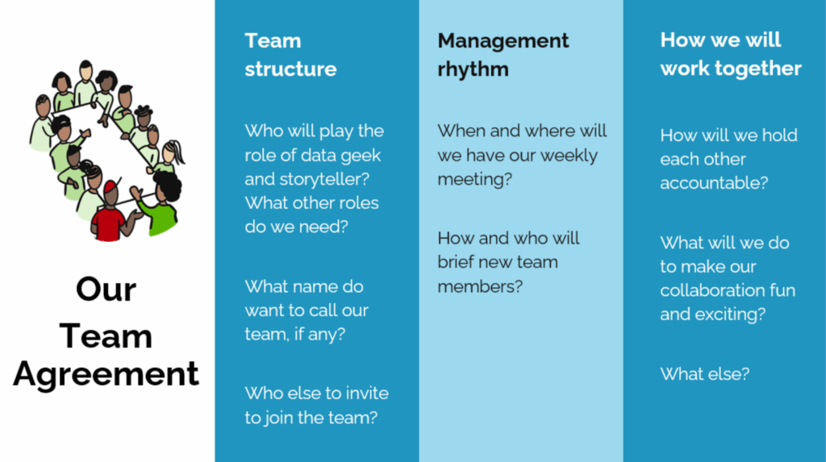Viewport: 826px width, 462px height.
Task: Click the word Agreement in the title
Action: coord(106,374)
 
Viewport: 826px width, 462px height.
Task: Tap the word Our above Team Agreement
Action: coord(106,289)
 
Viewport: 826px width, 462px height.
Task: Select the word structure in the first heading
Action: coord(290,69)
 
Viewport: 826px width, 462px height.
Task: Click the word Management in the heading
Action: coord(503,40)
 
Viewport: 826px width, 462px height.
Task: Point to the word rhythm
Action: coord(473,69)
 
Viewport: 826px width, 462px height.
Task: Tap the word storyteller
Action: coord(324,179)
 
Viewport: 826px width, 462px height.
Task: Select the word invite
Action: coord(365,393)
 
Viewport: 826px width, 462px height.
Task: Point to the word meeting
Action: coord(474,180)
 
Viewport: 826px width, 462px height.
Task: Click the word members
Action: coord(480,286)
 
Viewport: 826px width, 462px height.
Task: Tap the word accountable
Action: coord(714,183)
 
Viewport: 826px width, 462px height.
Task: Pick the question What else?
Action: coord(705,374)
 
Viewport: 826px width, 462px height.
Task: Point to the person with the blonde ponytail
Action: coord(171,156)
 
